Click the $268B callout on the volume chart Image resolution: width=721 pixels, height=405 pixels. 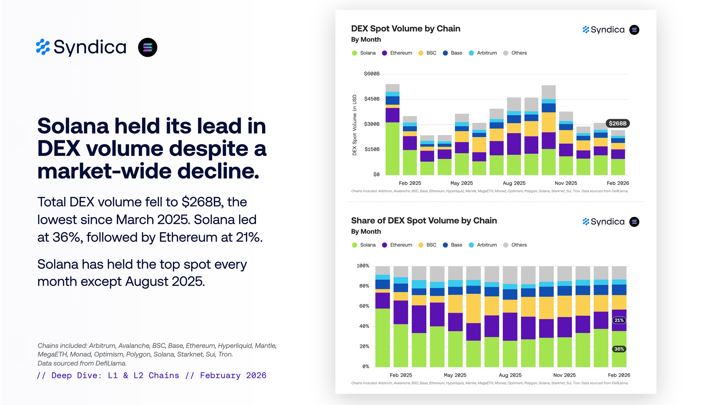click(x=618, y=123)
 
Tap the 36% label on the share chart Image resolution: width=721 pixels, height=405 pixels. click(x=619, y=349)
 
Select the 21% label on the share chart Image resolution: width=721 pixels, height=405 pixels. click(x=619, y=320)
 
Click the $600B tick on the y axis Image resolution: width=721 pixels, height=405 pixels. click(x=372, y=74)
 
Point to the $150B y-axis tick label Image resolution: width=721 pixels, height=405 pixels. click(x=372, y=149)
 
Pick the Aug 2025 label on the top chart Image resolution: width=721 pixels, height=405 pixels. click(x=514, y=183)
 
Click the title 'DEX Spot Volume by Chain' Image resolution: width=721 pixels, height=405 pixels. click(x=406, y=29)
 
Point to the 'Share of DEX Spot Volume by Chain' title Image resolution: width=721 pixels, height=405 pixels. click(x=424, y=221)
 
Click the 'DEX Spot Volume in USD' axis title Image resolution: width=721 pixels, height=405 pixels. click(x=355, y=125)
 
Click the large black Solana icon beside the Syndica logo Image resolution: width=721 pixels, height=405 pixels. click(x=148, y=48)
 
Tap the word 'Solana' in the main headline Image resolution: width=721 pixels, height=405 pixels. click(x=73, y=126)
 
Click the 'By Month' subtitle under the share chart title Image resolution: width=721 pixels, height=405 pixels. click(x=366, y=231)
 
